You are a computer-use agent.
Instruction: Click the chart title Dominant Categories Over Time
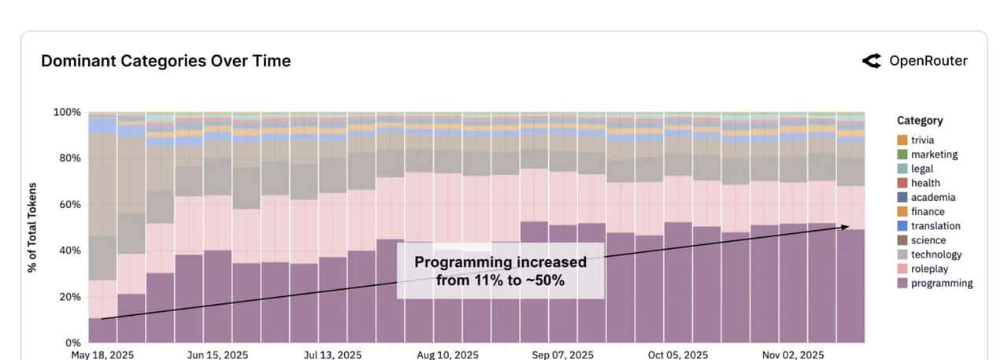[165, 61]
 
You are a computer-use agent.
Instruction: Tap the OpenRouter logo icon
[871, 61]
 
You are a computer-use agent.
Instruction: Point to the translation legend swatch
[902, 226]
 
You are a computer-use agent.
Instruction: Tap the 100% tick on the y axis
[67, 112]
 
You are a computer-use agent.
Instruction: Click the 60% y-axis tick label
[69, 204]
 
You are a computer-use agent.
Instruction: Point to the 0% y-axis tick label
[72, 343]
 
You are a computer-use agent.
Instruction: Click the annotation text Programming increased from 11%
[500, 270]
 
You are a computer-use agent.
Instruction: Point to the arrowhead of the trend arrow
[847, 227]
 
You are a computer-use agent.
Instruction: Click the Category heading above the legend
[920, 121]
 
